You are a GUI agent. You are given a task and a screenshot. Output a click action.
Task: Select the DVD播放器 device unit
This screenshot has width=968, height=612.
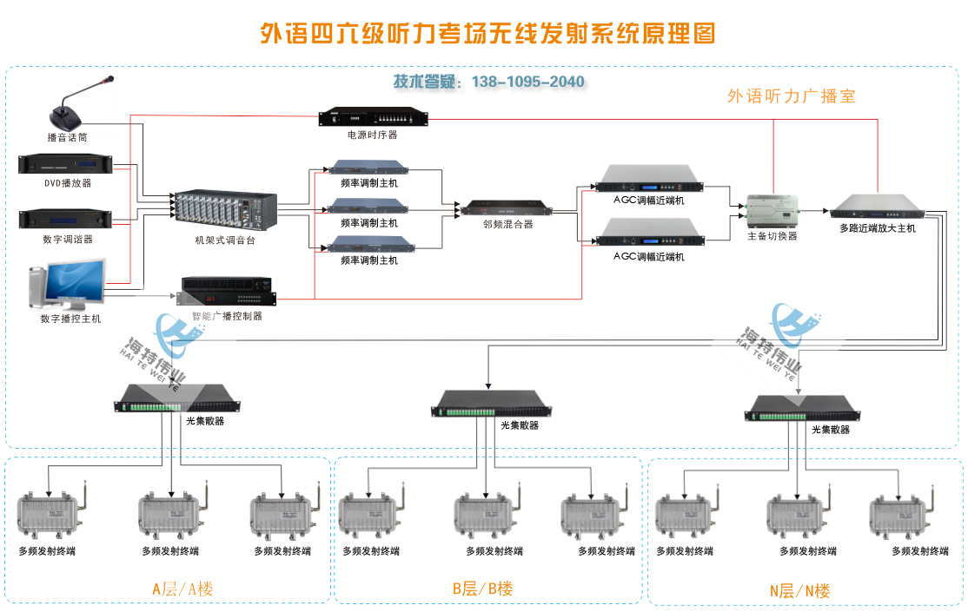click(x=68, y=164)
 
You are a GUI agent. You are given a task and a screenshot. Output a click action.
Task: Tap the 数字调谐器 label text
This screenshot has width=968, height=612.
click(x=68, y=239)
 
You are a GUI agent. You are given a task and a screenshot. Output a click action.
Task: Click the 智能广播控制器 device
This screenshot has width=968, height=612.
click(x=227, y=291)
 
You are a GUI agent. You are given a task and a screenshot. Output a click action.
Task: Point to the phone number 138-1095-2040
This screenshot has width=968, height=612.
click(x=527, y=82)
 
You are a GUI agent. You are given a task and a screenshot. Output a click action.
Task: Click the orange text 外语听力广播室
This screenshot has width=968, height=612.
click(x=791, y=96)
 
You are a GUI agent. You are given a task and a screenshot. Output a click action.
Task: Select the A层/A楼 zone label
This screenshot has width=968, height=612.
click(x=182, y=589)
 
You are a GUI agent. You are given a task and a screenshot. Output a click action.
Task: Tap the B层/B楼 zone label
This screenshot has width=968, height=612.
click(x=482, y=589)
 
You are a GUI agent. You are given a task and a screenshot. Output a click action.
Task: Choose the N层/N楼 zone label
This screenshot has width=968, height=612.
click(x=799, y=591)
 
